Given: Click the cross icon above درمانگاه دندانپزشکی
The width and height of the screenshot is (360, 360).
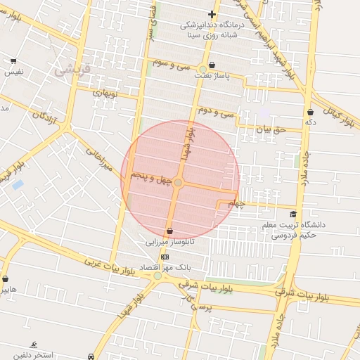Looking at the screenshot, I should (x=212, y=14).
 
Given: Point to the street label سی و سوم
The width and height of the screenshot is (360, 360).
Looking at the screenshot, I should (x=174, y=63).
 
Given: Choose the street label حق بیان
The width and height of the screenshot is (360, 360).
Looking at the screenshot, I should (x=271, y=130).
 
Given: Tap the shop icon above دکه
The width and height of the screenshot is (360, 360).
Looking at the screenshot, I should (x=310, y=112).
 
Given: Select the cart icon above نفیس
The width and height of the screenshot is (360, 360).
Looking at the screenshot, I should (x=14, y=62).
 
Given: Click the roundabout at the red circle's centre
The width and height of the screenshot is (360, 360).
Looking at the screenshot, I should (x=179, y=183).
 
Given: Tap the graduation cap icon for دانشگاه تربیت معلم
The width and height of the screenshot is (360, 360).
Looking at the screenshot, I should (x=292, y=214).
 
